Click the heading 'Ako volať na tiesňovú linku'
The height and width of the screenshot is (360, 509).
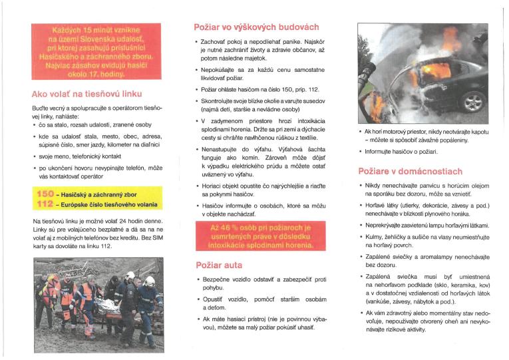(x=86, y=93)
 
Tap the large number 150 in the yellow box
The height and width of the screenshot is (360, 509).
(x=45, y=193)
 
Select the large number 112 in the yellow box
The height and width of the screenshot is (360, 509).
(x=45, y=204)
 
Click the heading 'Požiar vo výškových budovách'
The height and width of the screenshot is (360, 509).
(x=255, y=27)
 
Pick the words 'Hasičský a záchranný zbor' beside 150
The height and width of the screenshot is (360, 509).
(x=99, y=193)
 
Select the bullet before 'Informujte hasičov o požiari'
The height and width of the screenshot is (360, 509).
(x=360, y=152)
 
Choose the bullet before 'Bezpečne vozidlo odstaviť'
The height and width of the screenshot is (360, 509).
(x=198, y=281)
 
